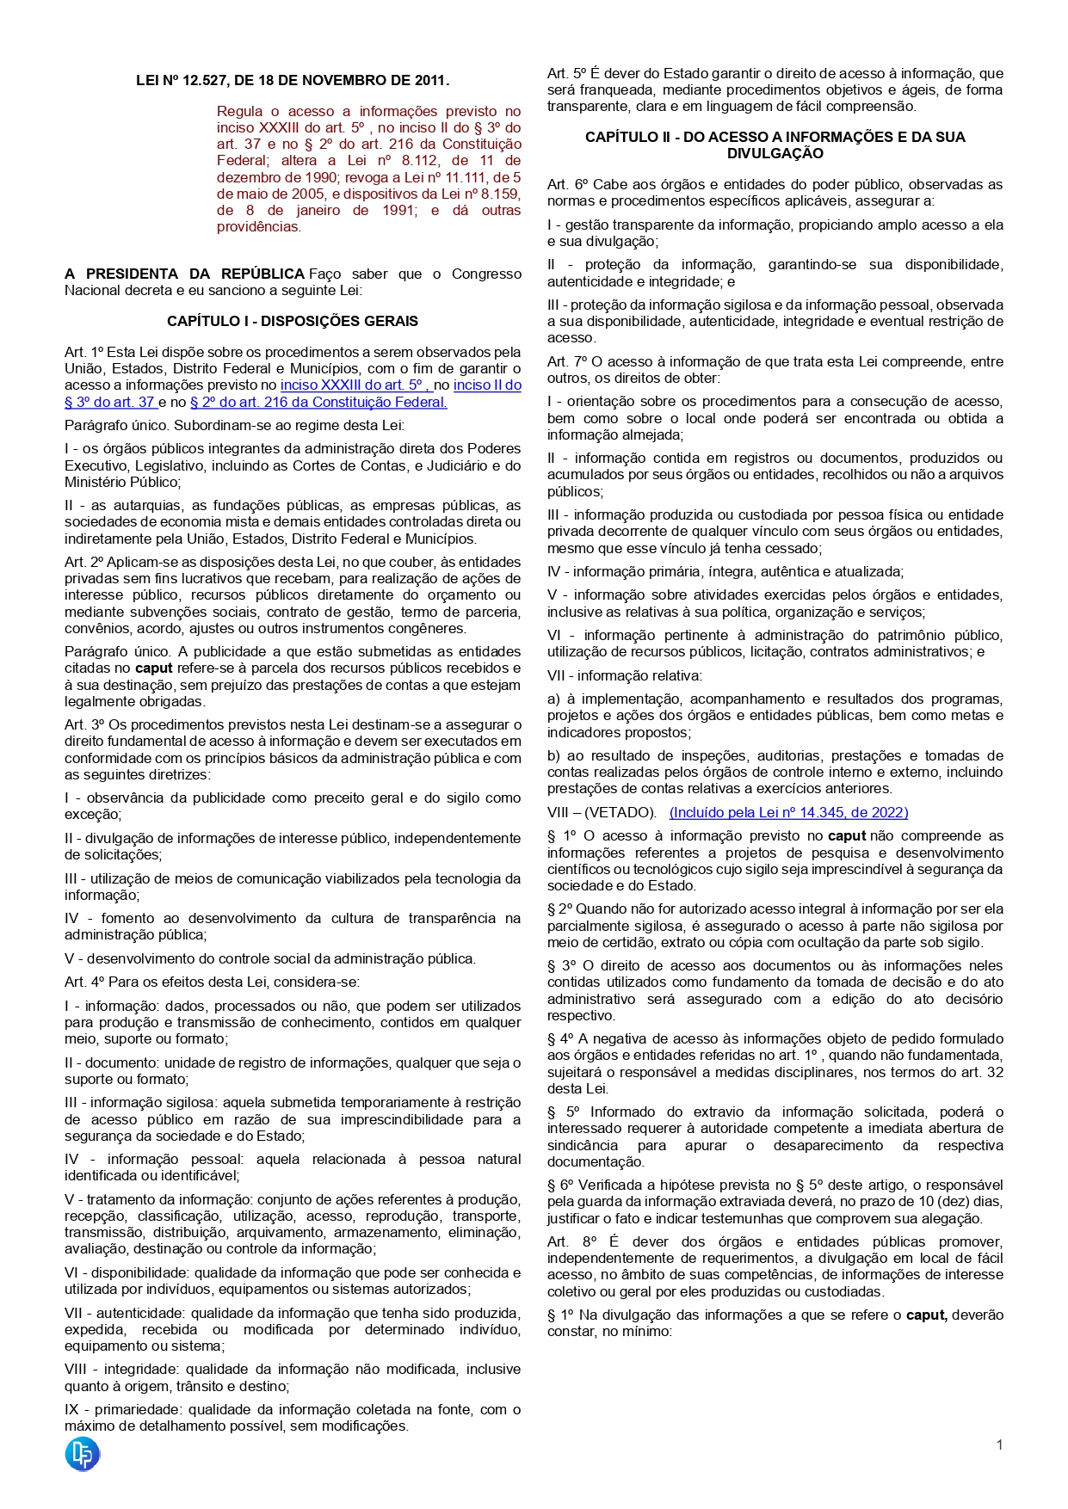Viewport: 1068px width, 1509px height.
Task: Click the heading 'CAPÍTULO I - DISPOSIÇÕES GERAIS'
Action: (x=293, y=322)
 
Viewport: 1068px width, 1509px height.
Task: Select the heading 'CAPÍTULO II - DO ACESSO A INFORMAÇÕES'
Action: (x=775, y=138)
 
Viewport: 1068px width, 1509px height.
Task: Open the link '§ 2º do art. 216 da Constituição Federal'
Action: (x=318, y=403)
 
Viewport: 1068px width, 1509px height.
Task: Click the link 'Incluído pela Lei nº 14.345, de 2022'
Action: (x=788, y=813)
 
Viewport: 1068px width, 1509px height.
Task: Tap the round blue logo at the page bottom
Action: (x=83, y=1454)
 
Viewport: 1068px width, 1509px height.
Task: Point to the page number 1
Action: (x=999, y=1445)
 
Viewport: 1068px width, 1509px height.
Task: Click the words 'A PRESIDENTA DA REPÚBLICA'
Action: (x=184, y=274)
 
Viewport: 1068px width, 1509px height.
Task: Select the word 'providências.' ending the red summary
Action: (x=258, y=227)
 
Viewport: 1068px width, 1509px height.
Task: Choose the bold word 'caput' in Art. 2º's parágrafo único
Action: (x=154, y=668)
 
